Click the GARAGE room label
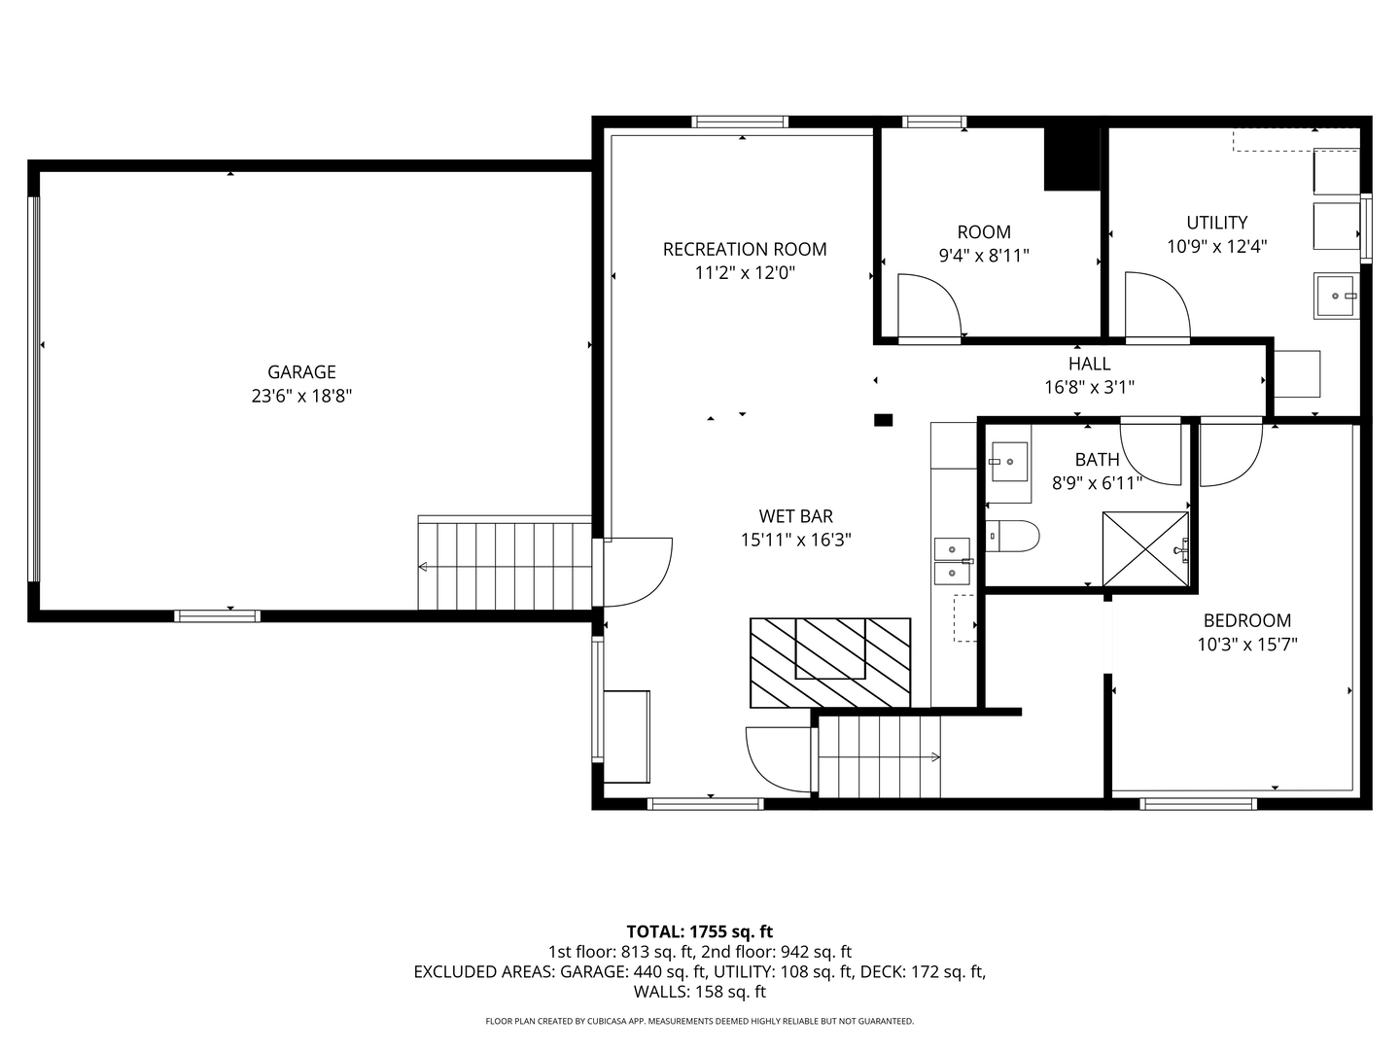click(301, 371)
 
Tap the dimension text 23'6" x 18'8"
click(301, 396)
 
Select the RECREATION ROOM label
click(745, 249)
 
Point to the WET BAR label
click(795, 516)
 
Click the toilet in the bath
click(1012, 536)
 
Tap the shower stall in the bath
click(1145, 549)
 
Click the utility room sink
click(1336, 296)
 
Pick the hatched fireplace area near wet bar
click(829, 662)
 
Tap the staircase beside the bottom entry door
click(880, 756)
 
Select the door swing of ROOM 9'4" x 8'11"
click(928, 306)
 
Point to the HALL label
click(1089, 364)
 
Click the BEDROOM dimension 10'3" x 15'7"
click(1247, 644)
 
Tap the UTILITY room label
click(1216, 223)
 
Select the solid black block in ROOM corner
click(1071, 158)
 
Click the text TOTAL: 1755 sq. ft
click(699, 931)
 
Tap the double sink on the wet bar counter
click(952, 562)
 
